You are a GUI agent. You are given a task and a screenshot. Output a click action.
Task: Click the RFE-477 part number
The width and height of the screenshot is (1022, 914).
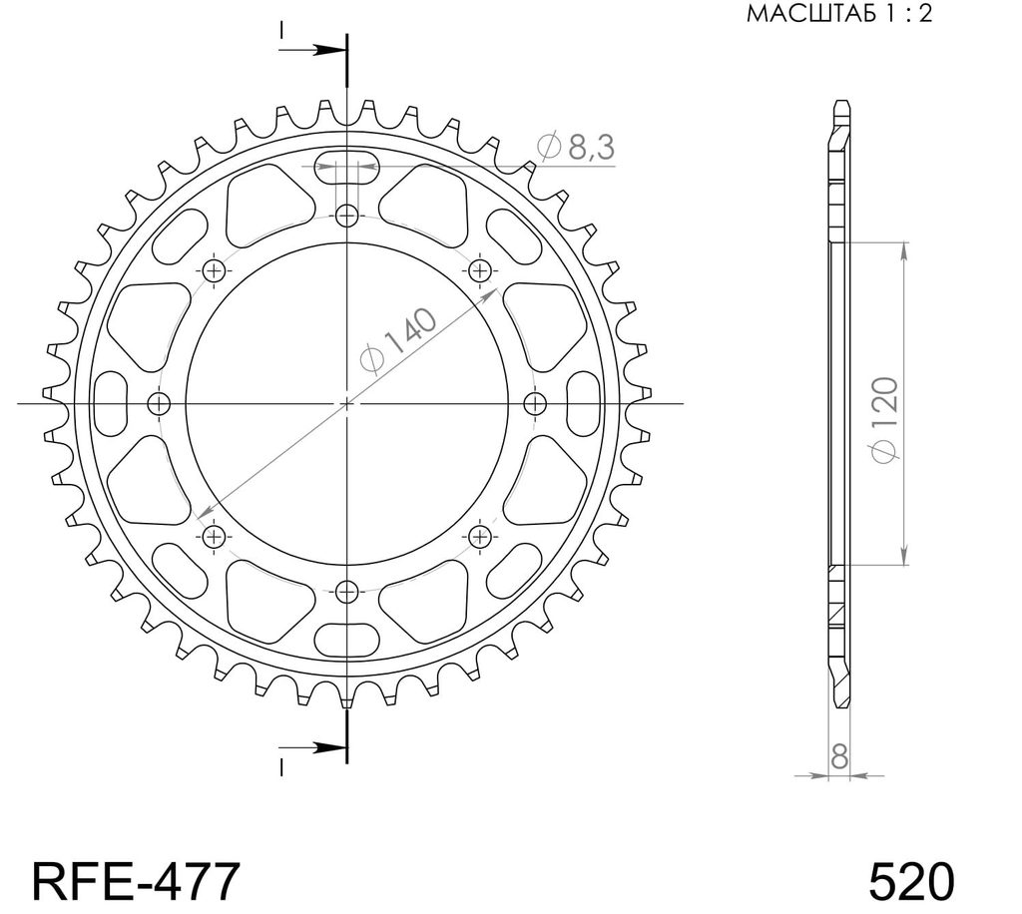click(136, 881)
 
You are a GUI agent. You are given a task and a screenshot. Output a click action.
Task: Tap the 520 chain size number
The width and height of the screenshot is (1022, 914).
click(911, 881)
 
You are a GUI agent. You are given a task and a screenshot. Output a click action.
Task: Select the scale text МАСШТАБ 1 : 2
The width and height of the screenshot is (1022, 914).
click(839, 14)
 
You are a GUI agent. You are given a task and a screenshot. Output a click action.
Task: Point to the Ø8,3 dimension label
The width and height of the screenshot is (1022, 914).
click(576, 148)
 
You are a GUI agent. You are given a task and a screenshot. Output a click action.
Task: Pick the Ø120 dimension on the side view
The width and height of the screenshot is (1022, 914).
click(886, 419)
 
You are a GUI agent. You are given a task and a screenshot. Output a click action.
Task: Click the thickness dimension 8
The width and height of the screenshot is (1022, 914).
click(839, 757)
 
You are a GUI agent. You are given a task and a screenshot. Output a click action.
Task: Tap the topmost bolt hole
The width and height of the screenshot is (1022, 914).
click(346, 215)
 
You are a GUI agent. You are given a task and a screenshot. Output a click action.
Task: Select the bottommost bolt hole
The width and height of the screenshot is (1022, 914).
click(346, 592)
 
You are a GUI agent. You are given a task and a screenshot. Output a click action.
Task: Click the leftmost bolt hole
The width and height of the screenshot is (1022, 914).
click(159, 404)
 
